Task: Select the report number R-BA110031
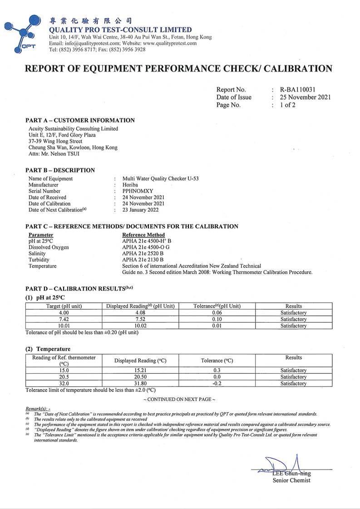click(x=297, y=90)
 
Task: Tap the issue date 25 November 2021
click(x=305, y=97)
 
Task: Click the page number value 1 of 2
click(x=288, y=105)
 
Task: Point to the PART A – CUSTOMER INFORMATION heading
click(x=80, y=120)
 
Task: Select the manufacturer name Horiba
click(x=130, y=185)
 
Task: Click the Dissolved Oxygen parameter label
click(x=49, y=247)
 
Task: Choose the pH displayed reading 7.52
click(x=140, y=319)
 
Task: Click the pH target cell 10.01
click(x=64, y=326)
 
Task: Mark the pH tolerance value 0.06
click(x=217, y=313)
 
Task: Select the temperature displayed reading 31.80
click(x=140, y=383)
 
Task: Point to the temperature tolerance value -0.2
click(x=217, y=383)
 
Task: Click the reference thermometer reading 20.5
click(x=64, y=377)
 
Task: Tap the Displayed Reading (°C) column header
click(x=140, y=361)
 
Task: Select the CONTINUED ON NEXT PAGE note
click(x=179, y=399)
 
